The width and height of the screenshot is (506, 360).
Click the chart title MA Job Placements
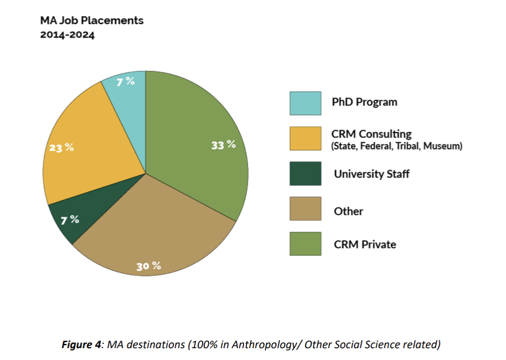(92, 20)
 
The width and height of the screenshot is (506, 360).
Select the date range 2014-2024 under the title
(67, 36)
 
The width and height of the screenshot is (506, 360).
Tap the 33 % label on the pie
(224, 145)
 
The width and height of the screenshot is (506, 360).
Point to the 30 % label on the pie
(149, 266)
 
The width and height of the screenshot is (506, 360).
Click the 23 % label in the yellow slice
(62, 147)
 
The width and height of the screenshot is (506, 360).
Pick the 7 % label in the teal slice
(126, 81)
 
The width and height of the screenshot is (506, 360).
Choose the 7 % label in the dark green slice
(70, 219)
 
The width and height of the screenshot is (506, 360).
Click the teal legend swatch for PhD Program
(305, 103)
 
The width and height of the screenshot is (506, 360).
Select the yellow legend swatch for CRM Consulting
(305, 138)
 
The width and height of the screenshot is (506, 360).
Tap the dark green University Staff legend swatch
(305, 173)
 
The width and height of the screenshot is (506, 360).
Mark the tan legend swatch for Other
(305, 208)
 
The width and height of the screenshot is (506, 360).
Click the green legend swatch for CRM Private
(305, 243)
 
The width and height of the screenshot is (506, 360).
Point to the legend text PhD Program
(364, 102)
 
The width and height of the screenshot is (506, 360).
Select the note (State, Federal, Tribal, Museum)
(396, 146)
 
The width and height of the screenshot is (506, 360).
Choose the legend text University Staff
(371, 174)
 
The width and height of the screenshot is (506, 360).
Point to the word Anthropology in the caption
(258, 344)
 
